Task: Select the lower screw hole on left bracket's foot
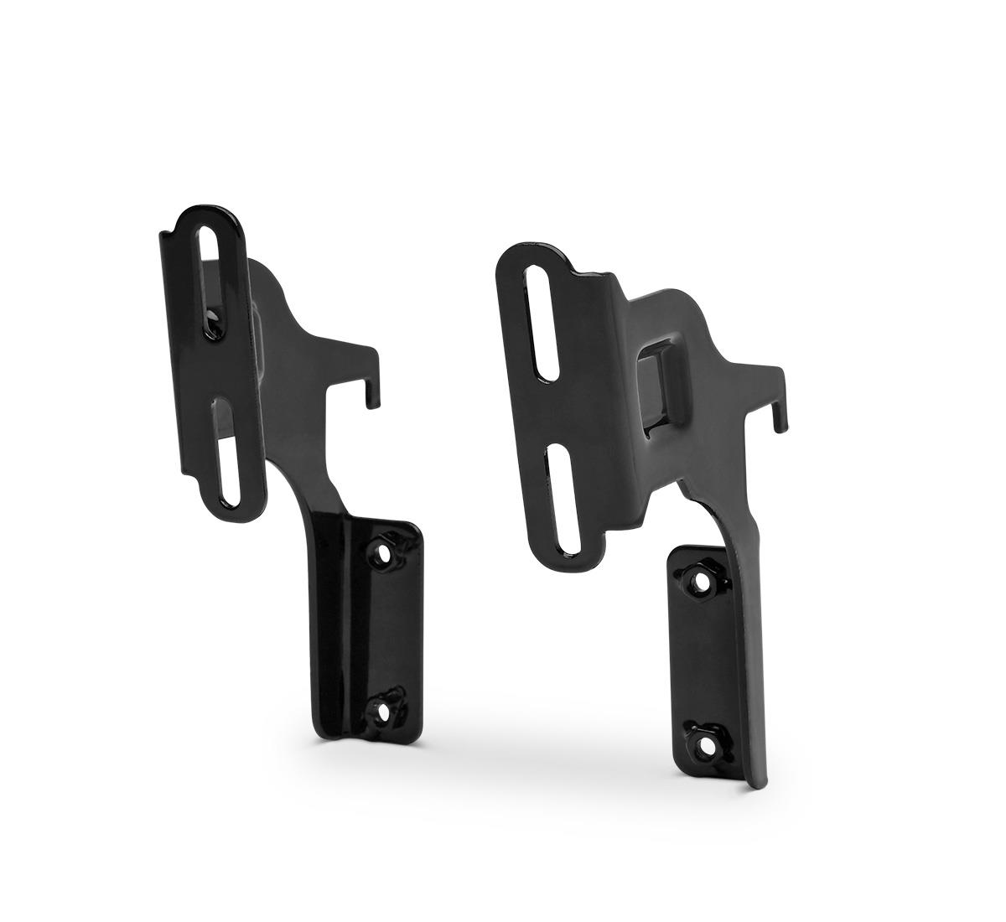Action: [384, 712]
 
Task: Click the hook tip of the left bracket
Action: [370, 403]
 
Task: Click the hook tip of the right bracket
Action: [782, 428]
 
